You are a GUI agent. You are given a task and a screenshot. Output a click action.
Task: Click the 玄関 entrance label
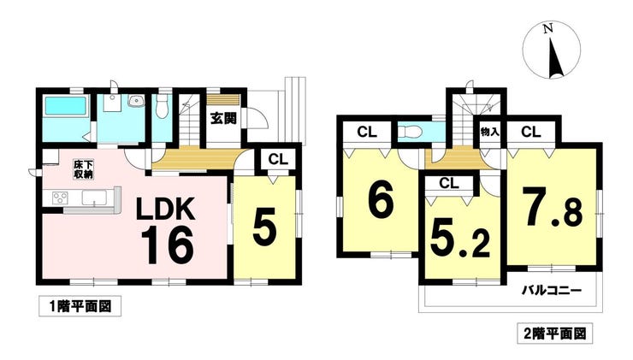pyautogui.click(x=222, y=120)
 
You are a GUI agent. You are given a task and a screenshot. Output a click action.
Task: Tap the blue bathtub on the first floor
pyautogui.click(x=66, y=108)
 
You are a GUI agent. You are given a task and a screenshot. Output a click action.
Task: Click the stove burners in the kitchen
pyautogui.click(x=60, y=198)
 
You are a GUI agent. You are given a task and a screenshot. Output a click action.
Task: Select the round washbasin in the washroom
pyautogui.click(x=133, y=103)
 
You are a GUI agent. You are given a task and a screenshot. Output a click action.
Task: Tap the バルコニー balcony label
pyautogui.click(x=553, y=292)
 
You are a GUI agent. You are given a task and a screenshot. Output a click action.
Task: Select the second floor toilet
pyautogui.click(x=410, y=132)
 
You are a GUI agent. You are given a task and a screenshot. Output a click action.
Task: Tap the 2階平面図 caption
pyautogui.click(x=554, y=331)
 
